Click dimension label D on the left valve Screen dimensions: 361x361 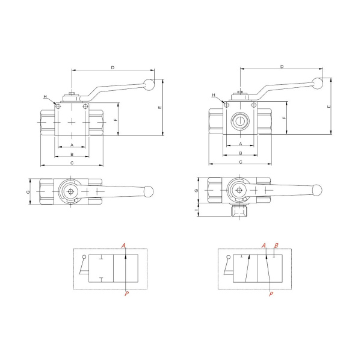pos(113,67)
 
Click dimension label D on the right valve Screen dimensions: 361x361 pos(282,67)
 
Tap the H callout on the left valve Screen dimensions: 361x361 pos(45,97)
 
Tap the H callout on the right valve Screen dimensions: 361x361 pos(214,95)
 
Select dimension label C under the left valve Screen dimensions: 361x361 pos(72,163)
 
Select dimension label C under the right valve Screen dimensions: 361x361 pos(241,162)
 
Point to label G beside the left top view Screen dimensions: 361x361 pos(28,192)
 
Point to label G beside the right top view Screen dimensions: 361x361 pos(196,190)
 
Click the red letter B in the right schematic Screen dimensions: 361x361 pos(276,245)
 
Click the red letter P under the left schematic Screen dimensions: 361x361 pos(126,294)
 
